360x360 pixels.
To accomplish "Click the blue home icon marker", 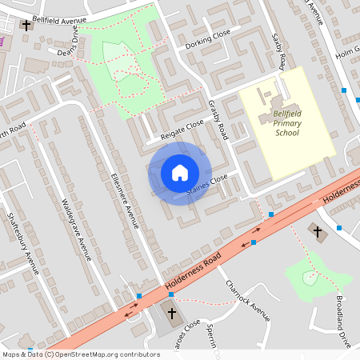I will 179,172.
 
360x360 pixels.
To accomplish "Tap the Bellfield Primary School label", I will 286,124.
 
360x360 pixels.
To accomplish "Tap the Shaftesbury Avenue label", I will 23,240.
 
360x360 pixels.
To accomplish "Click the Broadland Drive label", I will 343,320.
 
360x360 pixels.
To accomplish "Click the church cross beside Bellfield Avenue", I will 26,26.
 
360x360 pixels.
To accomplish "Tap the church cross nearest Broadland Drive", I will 317,232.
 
